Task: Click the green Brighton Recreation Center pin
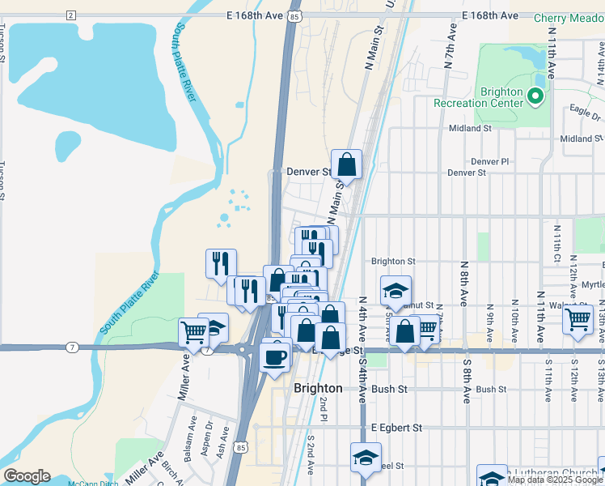pyautogui.click(x=535, y=97)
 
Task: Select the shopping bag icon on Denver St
pyautogui.click(x=346, y=164)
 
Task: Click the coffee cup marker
pyautogui.click(x=276, y=356)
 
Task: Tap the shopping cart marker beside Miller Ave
pyautogui.click(x=193, y=331)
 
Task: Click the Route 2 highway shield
pyautogui.click(x=71, y=15)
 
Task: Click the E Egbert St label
pyautogui.click(x=396, y=427)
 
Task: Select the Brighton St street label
pyautogui.click(x=393, y=262)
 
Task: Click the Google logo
pyautogui.click(x=27, y=476)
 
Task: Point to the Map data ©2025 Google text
pyautogui.click(x=555, y=480)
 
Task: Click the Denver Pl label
pyautogui.click(x=493, y=161)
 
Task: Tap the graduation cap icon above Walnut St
pyautogui.click(x=396, y=291)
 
